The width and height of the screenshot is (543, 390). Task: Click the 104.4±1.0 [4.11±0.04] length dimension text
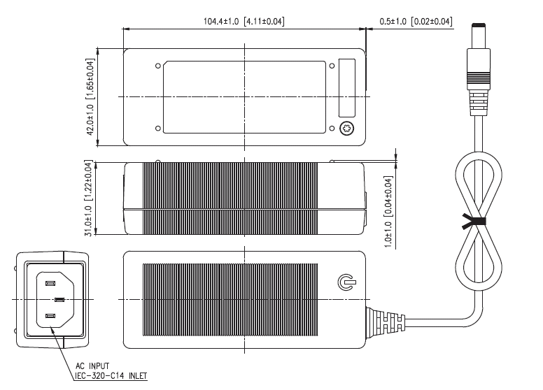point(244,22)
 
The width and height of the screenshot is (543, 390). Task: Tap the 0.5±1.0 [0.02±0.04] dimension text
point(416,22)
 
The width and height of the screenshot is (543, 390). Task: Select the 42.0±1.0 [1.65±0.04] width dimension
point(90,97)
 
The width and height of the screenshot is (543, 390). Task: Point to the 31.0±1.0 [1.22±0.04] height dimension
point(89,198)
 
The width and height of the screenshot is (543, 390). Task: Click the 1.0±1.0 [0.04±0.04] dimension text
point(388,212)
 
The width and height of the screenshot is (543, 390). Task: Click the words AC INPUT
point(92,366)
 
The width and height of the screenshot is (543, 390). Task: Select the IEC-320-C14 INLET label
point(111,376)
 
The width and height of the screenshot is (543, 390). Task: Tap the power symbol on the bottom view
point(346,282)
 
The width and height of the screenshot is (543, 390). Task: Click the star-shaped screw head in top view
point(346,129)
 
